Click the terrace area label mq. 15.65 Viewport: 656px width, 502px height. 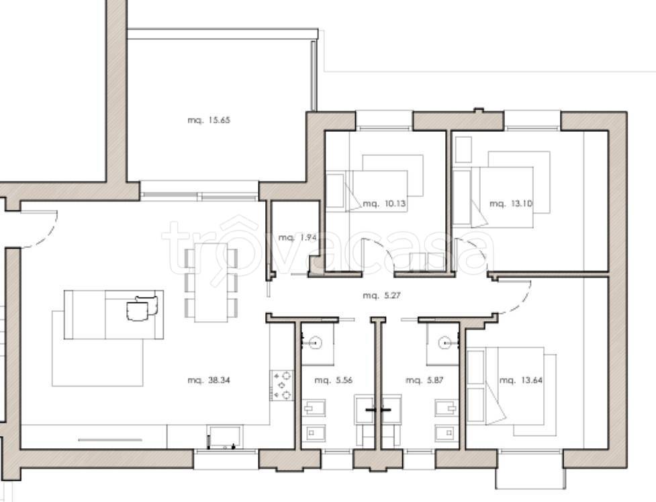[x=209, y=120]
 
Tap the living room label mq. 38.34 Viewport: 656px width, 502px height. [x=209, y=380]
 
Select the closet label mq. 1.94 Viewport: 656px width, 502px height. [x=297, y=237]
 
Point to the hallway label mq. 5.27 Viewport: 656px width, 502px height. [x=381, y=295]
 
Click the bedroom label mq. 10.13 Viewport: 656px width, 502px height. [x=384, y=204]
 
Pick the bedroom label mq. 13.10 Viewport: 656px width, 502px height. [x=511, y=204]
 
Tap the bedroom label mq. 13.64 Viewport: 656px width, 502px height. [x=521, y=380]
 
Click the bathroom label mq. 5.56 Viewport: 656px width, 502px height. [x=334, y=380]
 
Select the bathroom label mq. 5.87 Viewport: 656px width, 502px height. [x=424, y=380]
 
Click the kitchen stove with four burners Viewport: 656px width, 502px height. [x=282, y=386]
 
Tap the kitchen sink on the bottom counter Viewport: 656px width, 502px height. [x=224, y=437]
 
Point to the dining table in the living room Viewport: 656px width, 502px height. [x=212, y=283]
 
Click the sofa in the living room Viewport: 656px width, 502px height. [x=113, y=315]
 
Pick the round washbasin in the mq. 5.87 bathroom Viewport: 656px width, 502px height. [x=446, y=343]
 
